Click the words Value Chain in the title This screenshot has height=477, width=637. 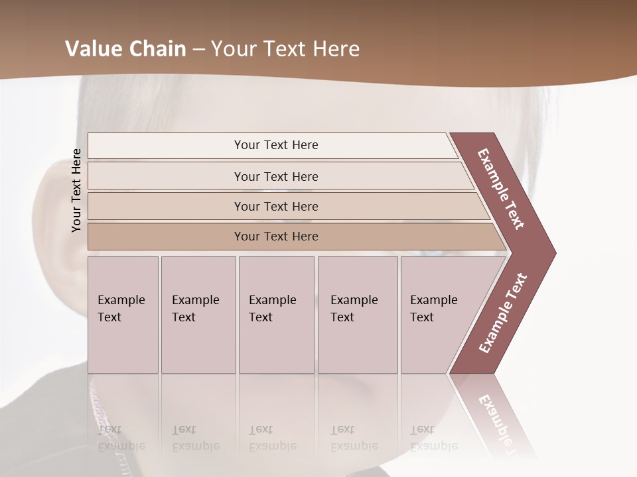125,49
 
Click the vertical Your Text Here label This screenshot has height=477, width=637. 77,190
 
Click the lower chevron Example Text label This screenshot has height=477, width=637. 503,313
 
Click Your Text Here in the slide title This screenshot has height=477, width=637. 285,49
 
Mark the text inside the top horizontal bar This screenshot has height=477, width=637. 276,145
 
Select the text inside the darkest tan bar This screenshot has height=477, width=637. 276,237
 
